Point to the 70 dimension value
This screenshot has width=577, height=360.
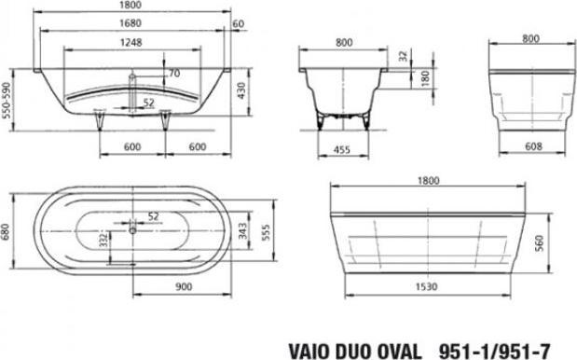click(174, 72)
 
